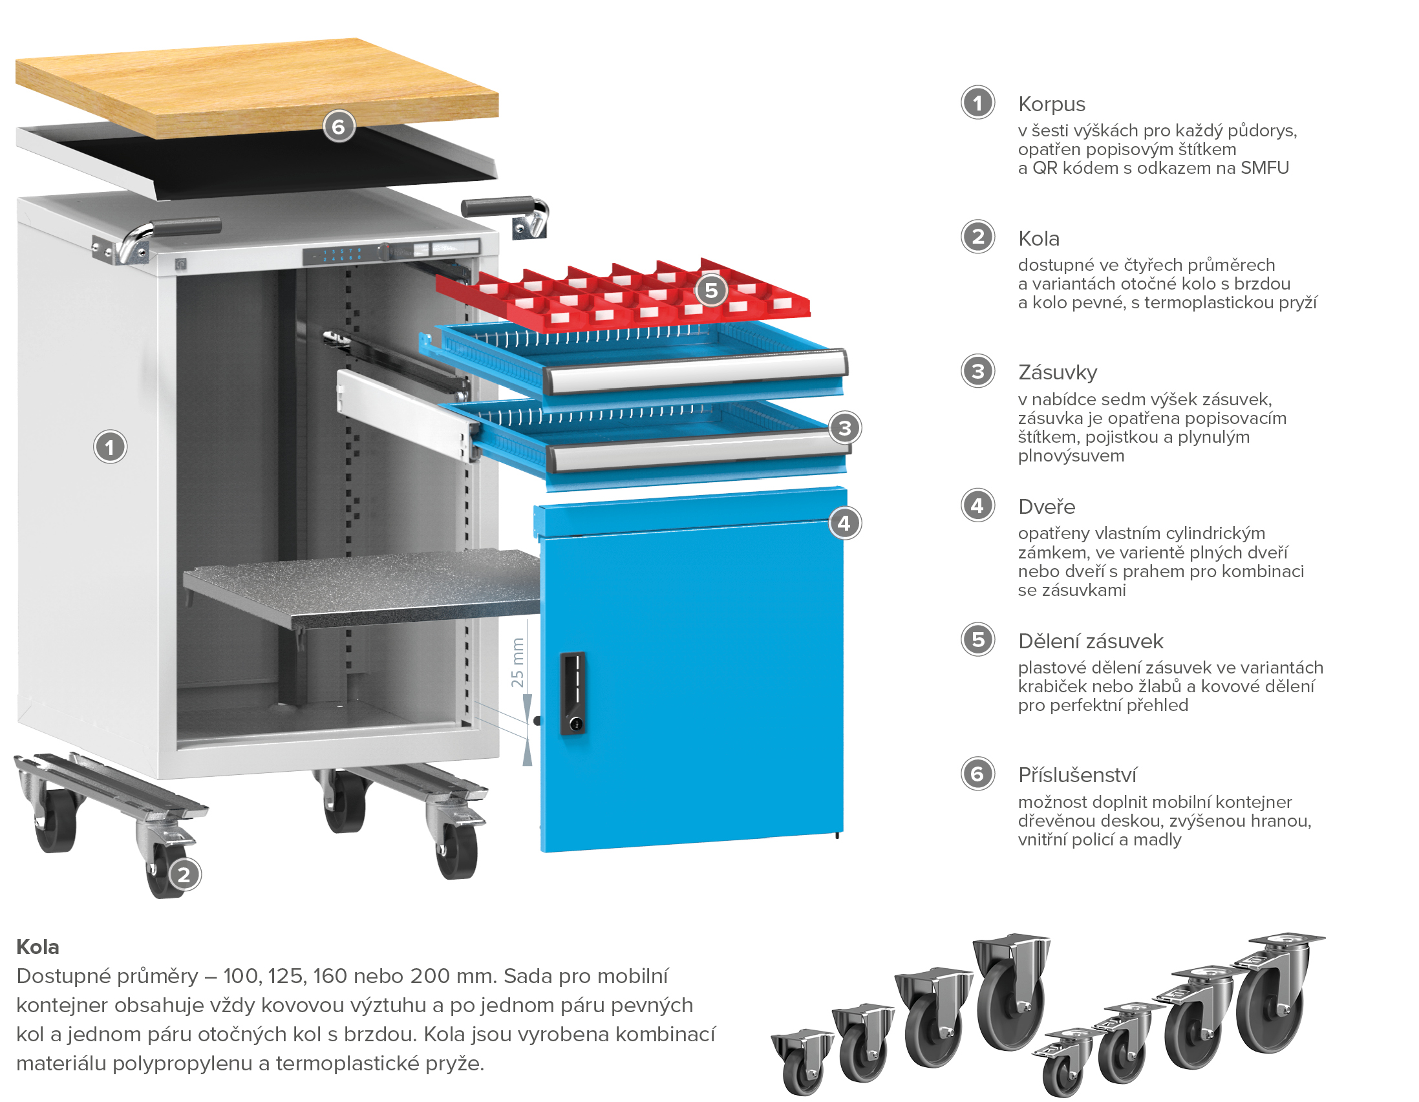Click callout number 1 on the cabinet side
(x=110, y=447)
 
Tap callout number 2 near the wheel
(x=184, y=874)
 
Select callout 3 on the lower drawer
(x=845, y=428)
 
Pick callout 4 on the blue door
(x=845, y=523)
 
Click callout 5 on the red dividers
(x=711, y=290)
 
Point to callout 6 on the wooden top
(x=339, y=127)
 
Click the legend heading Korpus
(x=1051, y=104)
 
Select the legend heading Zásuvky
(x=1057, y=372)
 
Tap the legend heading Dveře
(x=1046, y=507)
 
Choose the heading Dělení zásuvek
(x=1090, y=641)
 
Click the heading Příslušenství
(x=1077, y=775)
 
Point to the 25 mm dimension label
(x=517, y=662)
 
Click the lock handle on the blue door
(x=572, y=694)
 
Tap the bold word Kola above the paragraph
(x=37, y=947)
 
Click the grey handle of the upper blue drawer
(x=696, y=370)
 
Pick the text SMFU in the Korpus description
(x=1264, y=168)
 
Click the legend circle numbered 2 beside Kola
(x=978, y=237)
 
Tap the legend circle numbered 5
(x=978, y=640)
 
